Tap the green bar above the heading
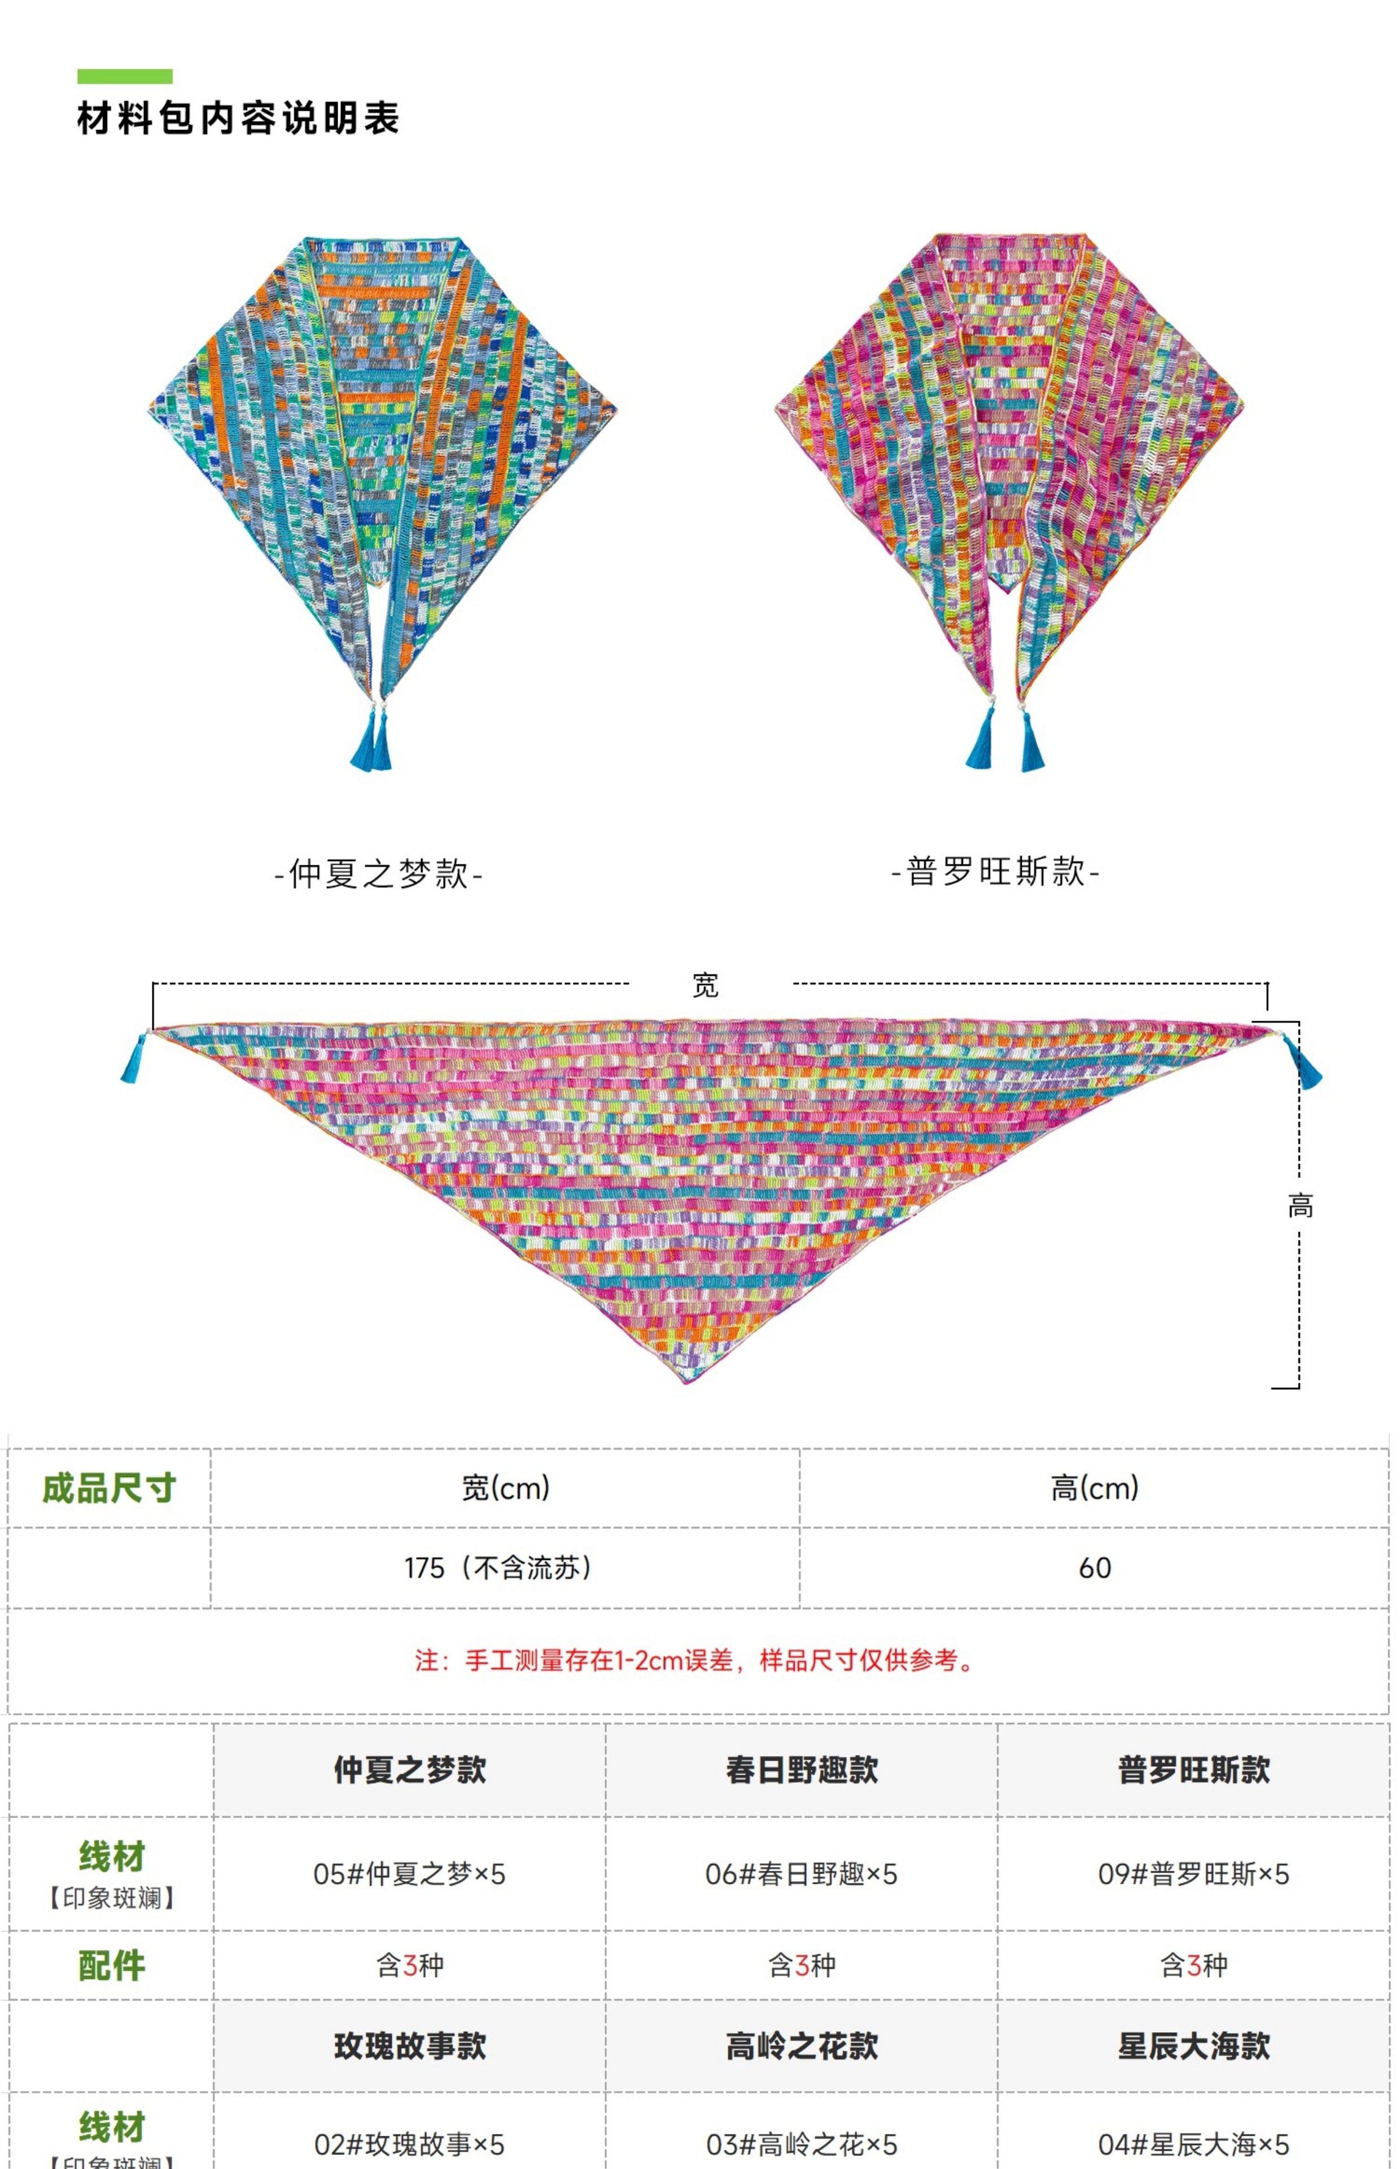tap(125, 76)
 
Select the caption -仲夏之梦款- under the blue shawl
tap(378, 874)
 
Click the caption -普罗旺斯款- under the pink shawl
tap(995, 871)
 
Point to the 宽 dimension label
tap(706, 985)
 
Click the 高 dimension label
tap(1300, 1206)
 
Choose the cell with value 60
tap(1095, 1568)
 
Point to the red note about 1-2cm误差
tap(697, 1661)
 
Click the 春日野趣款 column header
tap(802, 1770)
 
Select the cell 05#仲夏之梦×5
tap(409, 1874)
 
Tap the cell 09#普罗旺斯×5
tap(1193, 1874)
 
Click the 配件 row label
tap(111, 1965)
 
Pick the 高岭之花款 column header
tap(802, 2046)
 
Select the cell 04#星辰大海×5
tap(1193, 2145)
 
